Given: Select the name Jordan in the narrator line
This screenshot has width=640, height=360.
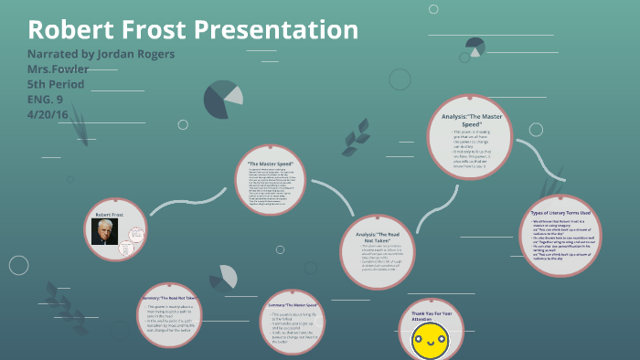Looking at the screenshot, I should tap(118, 54).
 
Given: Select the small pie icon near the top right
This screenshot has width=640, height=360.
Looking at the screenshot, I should tap(475, 45).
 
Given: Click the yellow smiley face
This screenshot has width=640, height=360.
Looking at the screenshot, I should tap(430, 344).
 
